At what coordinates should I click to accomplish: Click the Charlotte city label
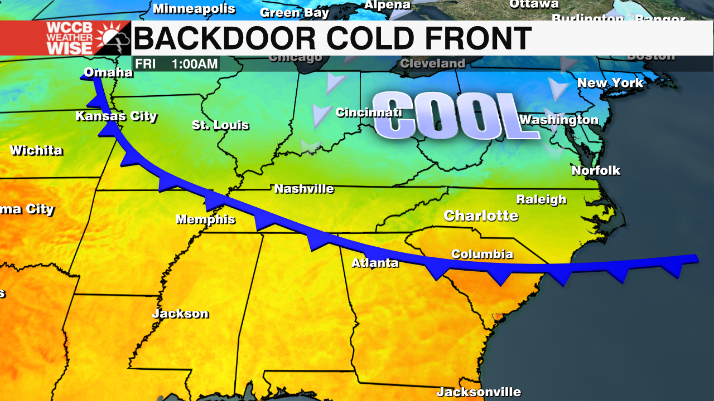(481, 216)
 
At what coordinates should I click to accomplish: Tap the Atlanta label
(375, 263)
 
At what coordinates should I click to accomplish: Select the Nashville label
(304, 189)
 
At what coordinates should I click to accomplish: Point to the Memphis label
(205, 219)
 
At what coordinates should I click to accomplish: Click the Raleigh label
(541, 199)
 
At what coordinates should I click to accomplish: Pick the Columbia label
(482, 254)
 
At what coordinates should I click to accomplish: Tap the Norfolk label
(596, 170)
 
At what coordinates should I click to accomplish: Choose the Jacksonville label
(479, 392)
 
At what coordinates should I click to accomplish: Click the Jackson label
(180, 314)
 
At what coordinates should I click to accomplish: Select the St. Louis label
(220, 125)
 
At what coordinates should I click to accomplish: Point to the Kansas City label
(116, 116)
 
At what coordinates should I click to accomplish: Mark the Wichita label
(36, 150)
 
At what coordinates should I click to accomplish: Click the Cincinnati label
(369, 113)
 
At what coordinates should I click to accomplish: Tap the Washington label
(558, 120)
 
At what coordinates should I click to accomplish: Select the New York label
(610, 84)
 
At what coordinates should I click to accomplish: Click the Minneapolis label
(194, 9)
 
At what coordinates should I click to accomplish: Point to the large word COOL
(449, 116)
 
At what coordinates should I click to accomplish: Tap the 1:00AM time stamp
(195, 63)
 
